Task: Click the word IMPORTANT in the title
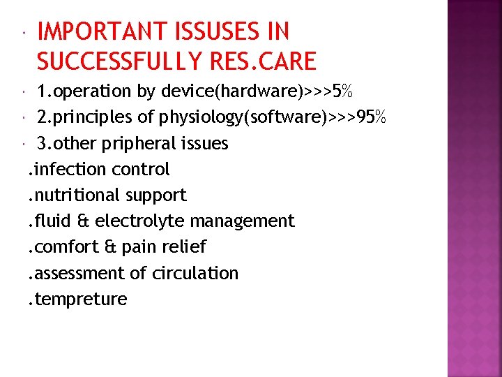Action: [104, 32]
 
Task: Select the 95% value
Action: [371, 117]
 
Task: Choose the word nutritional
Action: [75, 195]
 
